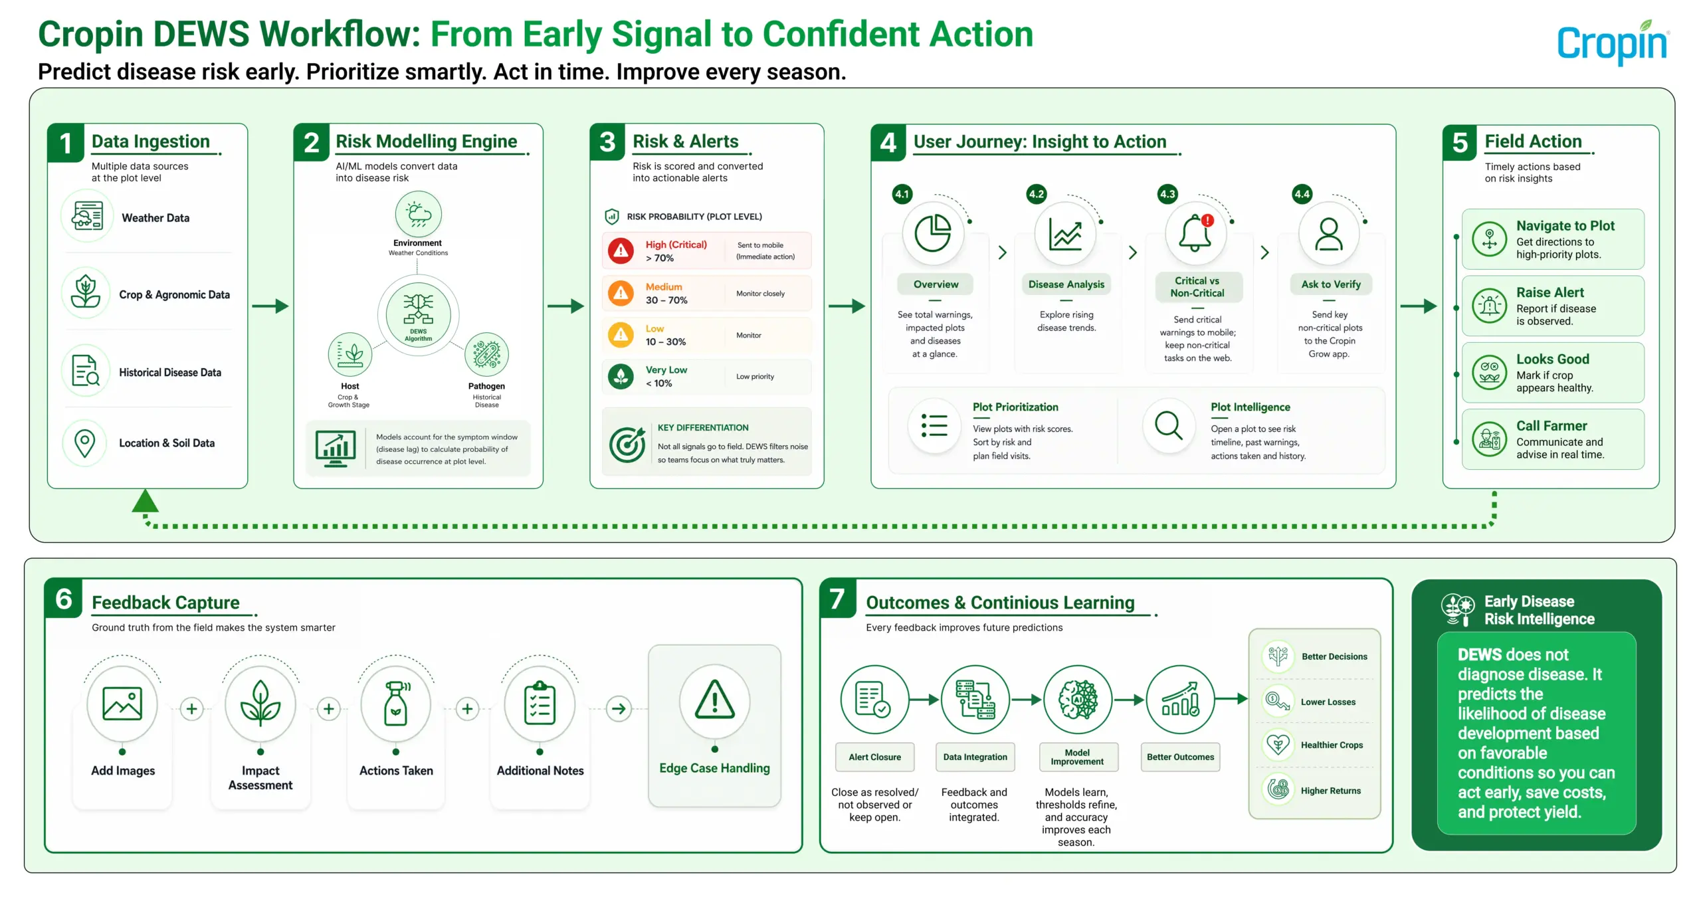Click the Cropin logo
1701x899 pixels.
1613,43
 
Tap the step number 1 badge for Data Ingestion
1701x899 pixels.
66,143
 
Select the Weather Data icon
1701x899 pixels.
87,217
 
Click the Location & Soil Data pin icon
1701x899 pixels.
85,443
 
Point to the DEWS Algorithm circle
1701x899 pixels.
419,315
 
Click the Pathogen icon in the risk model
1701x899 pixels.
487,354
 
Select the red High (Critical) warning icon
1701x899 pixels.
621,250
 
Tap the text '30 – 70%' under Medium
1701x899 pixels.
666,300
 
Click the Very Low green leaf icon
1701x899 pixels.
621,377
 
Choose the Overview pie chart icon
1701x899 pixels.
933,233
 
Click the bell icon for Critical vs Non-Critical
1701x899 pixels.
1195,233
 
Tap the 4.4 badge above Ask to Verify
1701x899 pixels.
1302,194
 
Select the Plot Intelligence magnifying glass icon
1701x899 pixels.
1169,425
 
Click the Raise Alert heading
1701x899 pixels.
1550,292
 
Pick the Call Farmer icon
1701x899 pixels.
1490,439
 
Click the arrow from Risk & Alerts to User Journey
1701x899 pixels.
847,306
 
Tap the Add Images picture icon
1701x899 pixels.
122,704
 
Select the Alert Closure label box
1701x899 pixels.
875,757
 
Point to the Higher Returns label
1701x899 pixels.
1331,791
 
